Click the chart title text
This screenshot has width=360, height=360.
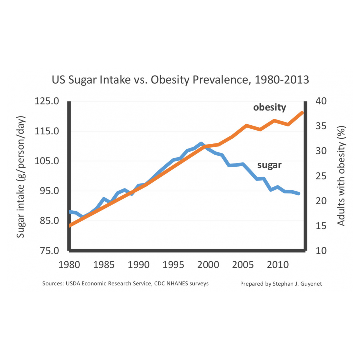(x=180, y=80)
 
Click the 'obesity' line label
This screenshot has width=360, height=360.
(x=269, y=107)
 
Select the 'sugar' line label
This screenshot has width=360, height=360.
(x=269, y=165)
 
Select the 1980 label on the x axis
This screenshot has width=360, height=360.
(x=69, y=266)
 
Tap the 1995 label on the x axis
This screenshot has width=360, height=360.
(x=174, y=266)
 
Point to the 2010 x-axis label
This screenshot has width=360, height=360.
(x=278, y=266)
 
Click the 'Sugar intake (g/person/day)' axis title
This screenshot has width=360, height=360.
(x=21, y=176)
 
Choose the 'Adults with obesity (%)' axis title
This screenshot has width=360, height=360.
(x=341, y=176)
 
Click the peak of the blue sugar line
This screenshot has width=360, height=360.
(x=201, y=144)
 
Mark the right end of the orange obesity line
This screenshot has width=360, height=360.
(x=302, y=113)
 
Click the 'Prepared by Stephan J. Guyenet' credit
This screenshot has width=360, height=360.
(x=281, y=284)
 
